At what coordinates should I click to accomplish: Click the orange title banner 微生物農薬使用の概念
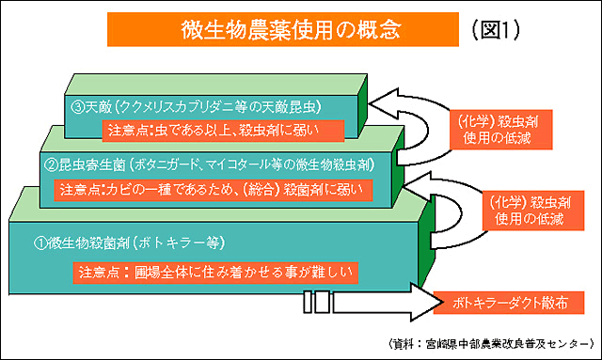pos(283,29)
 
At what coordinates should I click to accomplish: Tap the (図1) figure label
pos(496,30)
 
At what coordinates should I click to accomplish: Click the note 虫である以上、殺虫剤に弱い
pos(223,131)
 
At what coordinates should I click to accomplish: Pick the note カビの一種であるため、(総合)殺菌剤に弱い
pos(214,190)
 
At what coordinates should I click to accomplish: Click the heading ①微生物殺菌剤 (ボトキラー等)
pos(130,243)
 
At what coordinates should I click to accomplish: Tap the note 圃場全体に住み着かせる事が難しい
pos(215,273)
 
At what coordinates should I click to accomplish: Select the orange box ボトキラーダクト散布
pos(509,303)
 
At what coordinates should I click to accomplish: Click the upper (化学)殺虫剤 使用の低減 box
pos(501,130)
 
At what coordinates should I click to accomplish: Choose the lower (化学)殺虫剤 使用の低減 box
pos(533,211)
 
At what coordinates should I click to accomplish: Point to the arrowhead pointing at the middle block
pos(418,186)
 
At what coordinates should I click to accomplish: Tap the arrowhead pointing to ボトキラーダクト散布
pos(426,303)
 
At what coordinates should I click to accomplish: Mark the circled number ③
pos(78,107)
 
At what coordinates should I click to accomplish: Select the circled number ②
pos(51,165)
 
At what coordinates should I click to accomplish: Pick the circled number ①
pos(40,243)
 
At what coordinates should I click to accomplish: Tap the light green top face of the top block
pos(215,85)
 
